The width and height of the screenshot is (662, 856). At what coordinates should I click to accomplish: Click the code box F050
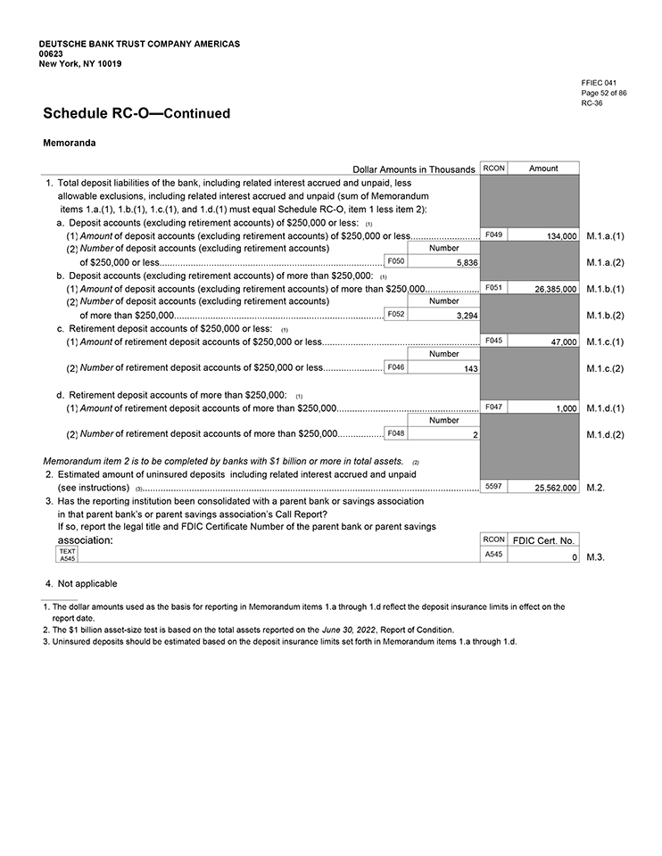[x=396, y=261]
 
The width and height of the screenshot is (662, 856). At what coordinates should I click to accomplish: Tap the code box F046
[x=396, y=367]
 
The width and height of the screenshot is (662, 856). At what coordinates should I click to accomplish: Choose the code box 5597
[x=493, y=486]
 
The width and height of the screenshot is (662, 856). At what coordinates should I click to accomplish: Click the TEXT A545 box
[x=67, y=556]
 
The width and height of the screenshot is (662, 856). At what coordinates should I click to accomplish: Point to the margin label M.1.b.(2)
[x=606, y=316]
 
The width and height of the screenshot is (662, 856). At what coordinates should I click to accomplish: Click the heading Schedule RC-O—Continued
[x=136, y=113]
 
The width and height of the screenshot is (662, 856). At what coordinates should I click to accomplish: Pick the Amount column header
[x=543, y=168]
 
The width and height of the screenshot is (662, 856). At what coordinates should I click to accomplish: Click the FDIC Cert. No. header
[x=543, y=540]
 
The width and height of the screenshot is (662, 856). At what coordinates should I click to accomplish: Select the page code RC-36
[x=592, y=103]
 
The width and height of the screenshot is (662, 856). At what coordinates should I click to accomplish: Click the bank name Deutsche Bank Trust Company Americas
[x=139, y=44]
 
